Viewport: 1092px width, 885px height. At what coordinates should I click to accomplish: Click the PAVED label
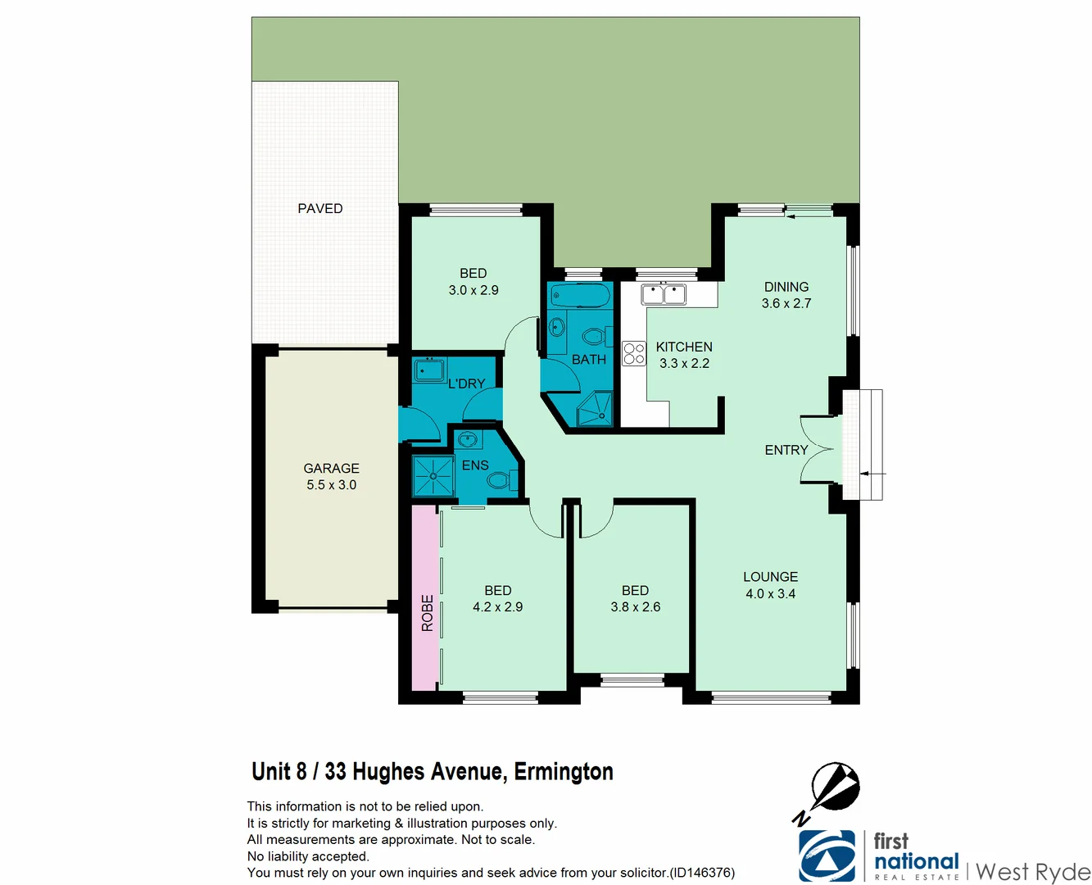click(x=319, y=209)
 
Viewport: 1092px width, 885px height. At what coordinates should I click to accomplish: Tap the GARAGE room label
click(x=331, y=469)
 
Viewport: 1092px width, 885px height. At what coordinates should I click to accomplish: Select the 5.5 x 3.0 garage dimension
click(x=331, y=485)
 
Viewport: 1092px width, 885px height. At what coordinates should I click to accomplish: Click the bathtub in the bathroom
click(x=580, y=296)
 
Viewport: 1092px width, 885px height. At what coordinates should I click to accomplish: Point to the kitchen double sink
click(x=664, y=294)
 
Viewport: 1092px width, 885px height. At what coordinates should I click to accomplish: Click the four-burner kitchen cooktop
click(x=634, y=353)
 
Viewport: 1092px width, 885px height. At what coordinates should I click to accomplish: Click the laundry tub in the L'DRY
click(x=429, y=370)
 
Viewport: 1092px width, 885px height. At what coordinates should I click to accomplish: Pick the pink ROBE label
click(x=427, y=613)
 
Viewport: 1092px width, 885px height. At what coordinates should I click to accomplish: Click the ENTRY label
click(x=786, y=450)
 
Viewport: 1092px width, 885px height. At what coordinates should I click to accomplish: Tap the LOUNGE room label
click(x=770, y=577)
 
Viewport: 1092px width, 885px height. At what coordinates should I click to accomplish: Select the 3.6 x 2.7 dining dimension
click(x=786, y=303)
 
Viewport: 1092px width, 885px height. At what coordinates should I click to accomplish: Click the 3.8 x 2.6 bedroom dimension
click(x=635, y=607)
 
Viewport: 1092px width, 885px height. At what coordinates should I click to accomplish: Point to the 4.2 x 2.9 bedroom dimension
click(x=497, y=607)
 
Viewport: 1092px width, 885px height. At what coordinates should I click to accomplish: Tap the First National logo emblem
click(x=827, y=855)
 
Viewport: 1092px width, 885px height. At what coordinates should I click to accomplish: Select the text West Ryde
click(x=1033, y=871)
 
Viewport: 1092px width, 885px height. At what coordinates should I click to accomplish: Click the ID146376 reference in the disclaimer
click(x=702, y=873)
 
